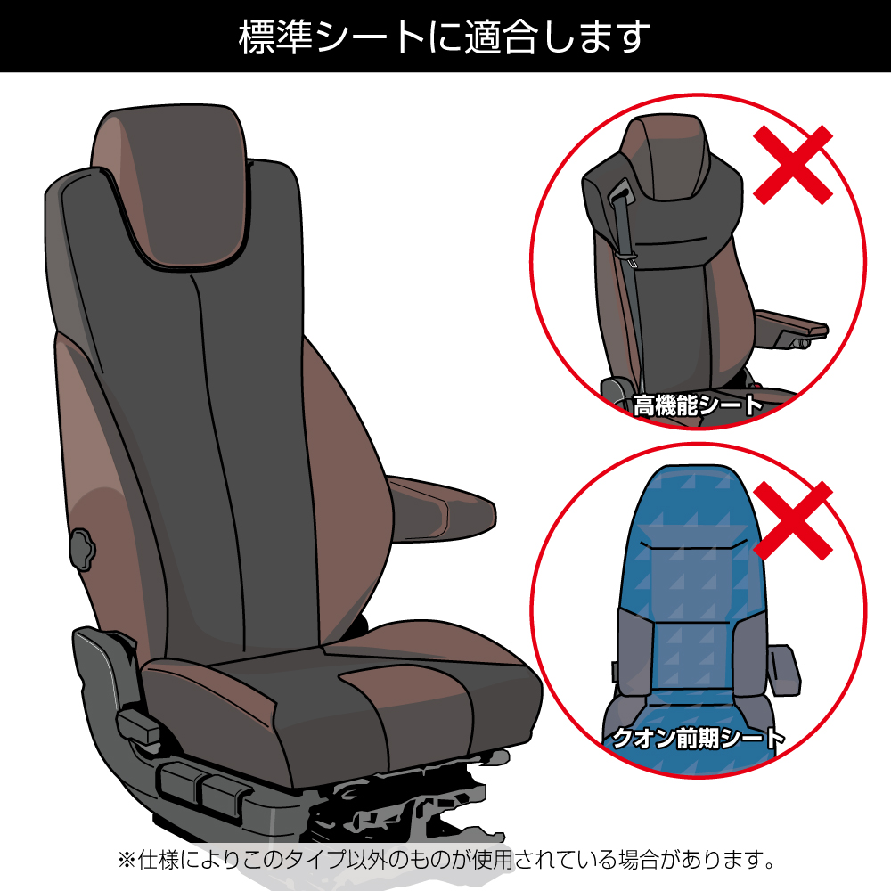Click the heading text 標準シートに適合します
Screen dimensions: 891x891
[445, 37]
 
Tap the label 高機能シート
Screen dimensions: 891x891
[699, 406]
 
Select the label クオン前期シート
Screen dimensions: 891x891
[699, 738]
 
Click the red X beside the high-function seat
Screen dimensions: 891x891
[793, 165]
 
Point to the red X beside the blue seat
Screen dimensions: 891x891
[793, 521]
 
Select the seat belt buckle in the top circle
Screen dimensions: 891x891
[621, 192]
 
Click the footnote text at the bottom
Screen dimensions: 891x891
[445, 861]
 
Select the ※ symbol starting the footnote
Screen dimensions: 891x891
[126, 861]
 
